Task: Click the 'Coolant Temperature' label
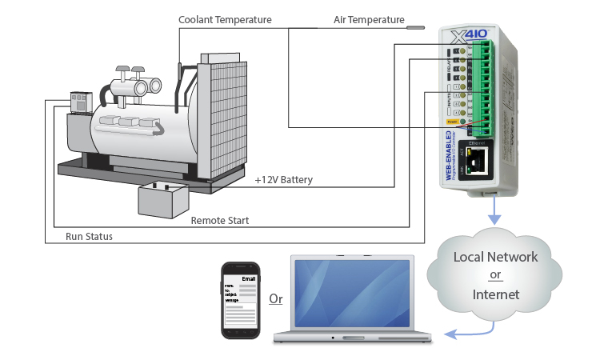pos(225,19)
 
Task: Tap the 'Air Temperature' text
pos(369,19)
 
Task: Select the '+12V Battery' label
pos(283,179)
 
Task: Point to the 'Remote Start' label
pos(219,220)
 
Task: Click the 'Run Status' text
pos(89,237)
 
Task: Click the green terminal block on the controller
pos(482,88)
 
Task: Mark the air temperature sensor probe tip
pos(416,27)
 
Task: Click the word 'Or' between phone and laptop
pos(275,300)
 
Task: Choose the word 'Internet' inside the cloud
pos(496,294)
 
